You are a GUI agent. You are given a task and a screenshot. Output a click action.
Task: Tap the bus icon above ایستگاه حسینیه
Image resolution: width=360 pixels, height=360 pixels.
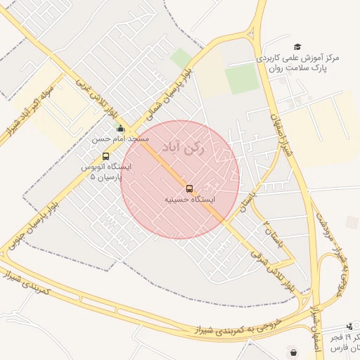189,188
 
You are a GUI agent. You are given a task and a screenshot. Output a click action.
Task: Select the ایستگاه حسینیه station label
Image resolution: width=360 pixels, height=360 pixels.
189,200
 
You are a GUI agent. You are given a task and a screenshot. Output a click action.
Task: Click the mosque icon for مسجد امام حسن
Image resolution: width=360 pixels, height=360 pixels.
120,129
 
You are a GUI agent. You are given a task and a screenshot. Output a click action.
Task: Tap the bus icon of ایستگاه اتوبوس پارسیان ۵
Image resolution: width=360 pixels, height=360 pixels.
105,156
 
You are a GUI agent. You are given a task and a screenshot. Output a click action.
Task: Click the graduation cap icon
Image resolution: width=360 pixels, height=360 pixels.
297,46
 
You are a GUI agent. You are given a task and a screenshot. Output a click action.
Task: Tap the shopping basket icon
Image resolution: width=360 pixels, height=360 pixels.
292,352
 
